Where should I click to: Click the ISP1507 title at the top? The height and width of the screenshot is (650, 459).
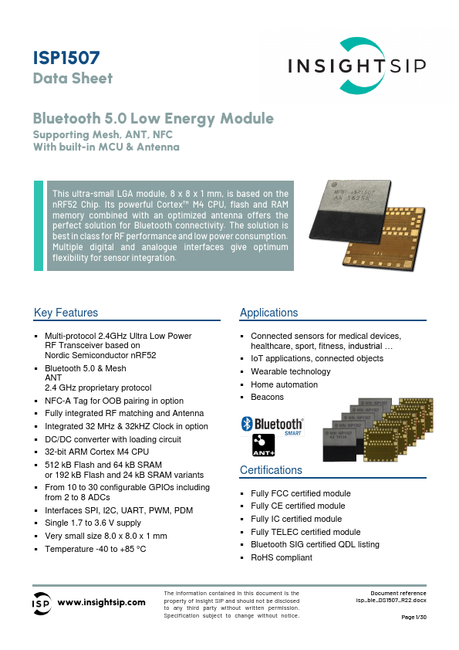[x=66, y=57]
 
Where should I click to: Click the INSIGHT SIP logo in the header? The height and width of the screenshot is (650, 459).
[x=356, y=66]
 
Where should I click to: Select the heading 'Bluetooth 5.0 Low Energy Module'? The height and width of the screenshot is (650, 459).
[x=154, y=119]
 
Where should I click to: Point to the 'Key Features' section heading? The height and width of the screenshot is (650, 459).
[x=66, y=313]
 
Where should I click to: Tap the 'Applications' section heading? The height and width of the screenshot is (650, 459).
[x=268, y=313]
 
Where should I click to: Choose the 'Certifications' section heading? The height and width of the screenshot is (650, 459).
[x=271, y=470]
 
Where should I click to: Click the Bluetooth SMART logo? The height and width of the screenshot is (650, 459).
[x=272, y=425]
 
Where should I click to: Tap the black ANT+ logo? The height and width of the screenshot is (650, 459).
[x=265, y=445]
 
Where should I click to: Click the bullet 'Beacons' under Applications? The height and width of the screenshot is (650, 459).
[x=267, y=397]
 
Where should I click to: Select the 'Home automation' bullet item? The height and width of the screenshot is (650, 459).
[x=283, y=384]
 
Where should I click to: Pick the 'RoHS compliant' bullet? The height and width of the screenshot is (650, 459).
[x=282, y=557]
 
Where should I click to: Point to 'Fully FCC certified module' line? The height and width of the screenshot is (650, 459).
[x=301, y=493]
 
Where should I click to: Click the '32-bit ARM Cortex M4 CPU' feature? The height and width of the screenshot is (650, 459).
[x=96, y=452]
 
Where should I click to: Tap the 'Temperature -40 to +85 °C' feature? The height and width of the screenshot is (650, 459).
[x=96, y=549]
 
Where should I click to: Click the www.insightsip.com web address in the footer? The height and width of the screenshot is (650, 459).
[x=102, y=602]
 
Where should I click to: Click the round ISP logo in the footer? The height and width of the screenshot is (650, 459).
[x=42, y=603]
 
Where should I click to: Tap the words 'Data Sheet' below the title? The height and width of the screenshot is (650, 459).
[x=73, y=78]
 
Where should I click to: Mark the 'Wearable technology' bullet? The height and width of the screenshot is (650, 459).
[x=290, y=372]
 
